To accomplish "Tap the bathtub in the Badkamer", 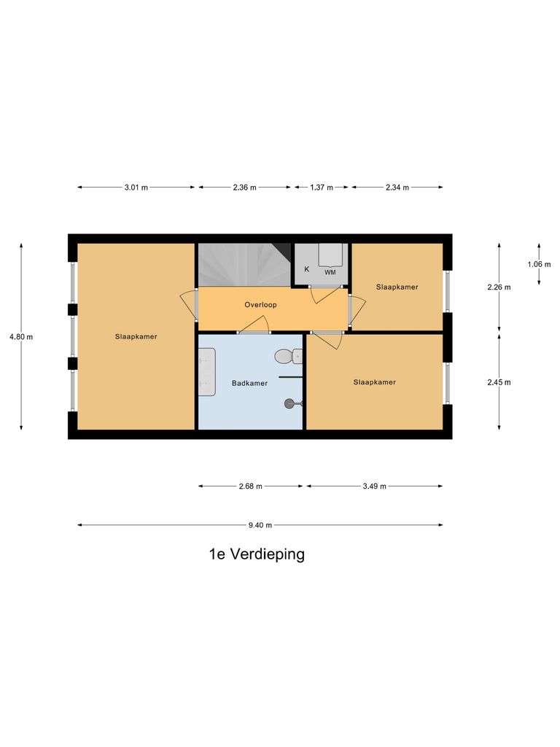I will click(207, 372).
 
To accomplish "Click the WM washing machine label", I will click(330, 272).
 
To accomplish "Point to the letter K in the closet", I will click(306, 269).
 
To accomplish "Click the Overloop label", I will click(260, 304).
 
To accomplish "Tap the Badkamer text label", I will click(249, 383).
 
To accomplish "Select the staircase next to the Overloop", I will click(244, 265).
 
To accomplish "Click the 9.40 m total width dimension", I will click(260, 525).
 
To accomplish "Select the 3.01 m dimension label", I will click(136, 187).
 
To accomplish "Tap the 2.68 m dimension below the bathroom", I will click(250, 486).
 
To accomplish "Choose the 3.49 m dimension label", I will click(374, 486).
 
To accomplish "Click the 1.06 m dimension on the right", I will click(539, 264).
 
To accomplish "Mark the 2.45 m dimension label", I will click(499, 382).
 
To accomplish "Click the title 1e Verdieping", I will click(257, 554).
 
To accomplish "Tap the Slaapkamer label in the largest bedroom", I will click(136, 336).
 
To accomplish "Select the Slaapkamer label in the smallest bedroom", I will click(397, 287).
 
